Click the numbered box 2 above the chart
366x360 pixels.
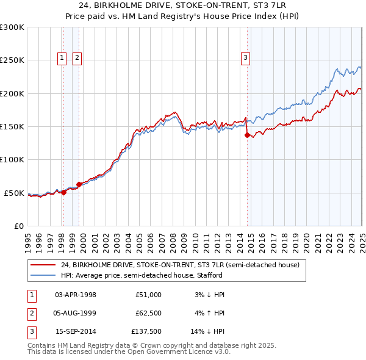point(77,58)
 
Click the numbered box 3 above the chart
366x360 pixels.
point(246,58)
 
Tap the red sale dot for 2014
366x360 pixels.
point(247,135)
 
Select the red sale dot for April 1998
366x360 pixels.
point(63,192)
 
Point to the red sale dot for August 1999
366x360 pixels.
point(79,185)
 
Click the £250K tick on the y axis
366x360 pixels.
point(12,60)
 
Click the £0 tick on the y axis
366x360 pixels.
point(18,226)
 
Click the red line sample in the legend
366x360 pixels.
point(42,265)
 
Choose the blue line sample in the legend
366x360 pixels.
point(42,276)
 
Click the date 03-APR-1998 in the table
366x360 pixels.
point(75,295)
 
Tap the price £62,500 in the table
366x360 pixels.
point(148,313)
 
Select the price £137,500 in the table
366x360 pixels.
point(146,331)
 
